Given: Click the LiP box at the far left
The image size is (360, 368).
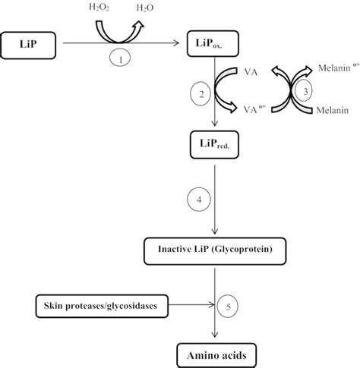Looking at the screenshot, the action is coord(28,46).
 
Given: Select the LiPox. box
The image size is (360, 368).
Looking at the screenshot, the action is coord(213,43).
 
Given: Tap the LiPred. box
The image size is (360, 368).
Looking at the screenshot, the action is coord(214,145).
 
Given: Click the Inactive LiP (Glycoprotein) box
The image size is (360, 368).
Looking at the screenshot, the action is coord(215,251).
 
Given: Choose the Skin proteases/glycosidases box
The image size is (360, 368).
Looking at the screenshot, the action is coord(102,306).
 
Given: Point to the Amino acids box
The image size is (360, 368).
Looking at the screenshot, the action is coord(216,355).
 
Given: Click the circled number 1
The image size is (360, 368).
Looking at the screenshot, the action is coord(120,58).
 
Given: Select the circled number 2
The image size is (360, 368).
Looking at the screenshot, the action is coord(201,93).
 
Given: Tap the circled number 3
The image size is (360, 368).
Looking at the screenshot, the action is coord(304,90).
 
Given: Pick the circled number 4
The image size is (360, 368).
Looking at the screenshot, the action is coord(199,200).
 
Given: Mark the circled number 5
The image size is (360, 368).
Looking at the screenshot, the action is coord(228,307).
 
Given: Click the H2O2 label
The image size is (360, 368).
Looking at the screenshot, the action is coord(99,8).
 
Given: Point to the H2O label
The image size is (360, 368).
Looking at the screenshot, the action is coord(145,8).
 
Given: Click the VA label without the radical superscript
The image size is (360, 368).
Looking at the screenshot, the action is coord(251,72).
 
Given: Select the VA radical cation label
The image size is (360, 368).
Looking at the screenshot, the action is coord(254,109).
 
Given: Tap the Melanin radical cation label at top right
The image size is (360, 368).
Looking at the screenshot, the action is coord(339,68).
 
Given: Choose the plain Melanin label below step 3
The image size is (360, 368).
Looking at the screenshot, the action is coord(333,110).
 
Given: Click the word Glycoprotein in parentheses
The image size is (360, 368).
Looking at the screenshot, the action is coord(242,250).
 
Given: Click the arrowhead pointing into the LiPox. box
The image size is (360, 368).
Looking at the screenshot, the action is coord(176,43).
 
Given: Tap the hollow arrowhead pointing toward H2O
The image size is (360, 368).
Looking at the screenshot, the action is coord(139,25).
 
